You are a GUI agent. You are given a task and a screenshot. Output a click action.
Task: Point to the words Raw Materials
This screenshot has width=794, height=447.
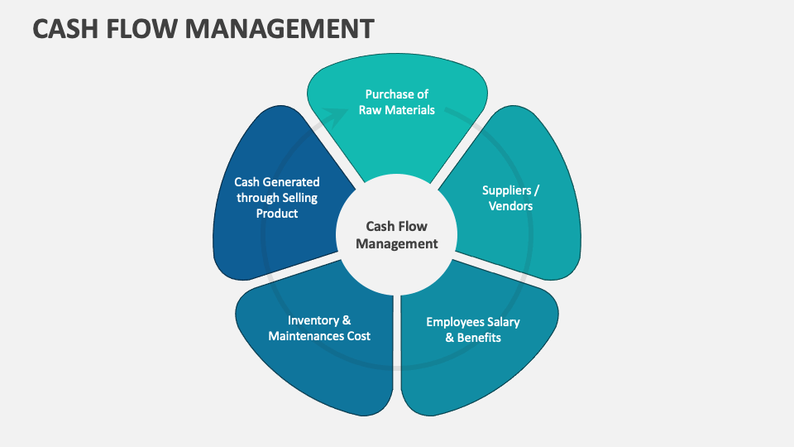coord(397,110)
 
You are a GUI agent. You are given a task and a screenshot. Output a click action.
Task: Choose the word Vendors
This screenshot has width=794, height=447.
coord(510,205)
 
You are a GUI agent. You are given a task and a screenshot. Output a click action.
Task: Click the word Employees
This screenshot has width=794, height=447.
coord(455,321)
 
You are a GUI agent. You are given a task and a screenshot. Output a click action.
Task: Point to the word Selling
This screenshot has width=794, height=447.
coord(297,198)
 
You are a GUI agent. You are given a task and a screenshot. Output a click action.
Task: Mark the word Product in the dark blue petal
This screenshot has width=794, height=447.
coord(277,214)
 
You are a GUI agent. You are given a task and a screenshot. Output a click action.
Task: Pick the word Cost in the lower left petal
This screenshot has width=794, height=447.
coord(356,335)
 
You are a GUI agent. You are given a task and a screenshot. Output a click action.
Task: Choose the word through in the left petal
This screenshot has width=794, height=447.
coord(254,198)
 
